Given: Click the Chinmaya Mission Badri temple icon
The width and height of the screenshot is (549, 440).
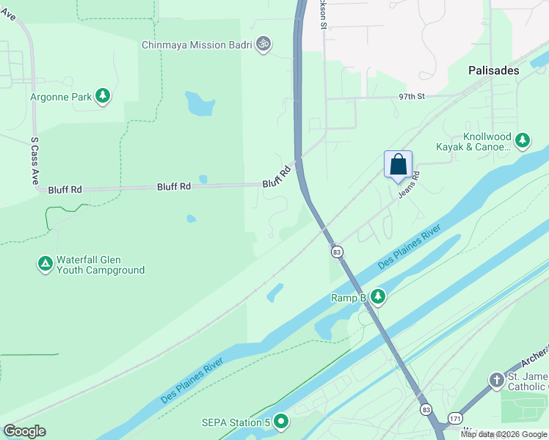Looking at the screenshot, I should [x=263, y=45].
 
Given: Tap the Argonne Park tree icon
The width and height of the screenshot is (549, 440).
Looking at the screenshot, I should [x=103, y=96].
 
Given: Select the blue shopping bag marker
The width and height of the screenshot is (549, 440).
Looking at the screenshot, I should [x=398, y=164].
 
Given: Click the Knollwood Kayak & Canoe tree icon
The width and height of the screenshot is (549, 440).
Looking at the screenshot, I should [x=522, y=140].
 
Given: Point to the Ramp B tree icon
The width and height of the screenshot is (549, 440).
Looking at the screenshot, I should [x=378, y=297].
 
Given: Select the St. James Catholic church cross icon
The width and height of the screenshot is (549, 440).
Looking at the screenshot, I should [x=497, y=380].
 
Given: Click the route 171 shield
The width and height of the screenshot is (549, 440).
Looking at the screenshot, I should [x=456, y=416].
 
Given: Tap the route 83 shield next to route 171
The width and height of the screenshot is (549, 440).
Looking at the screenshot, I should [x=426, y=408].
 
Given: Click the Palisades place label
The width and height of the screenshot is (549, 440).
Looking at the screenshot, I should [x=494, y=70].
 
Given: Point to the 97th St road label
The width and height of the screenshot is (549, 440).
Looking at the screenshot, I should [x=412, y=97].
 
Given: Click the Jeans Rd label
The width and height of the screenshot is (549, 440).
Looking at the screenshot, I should [x=409, y=186].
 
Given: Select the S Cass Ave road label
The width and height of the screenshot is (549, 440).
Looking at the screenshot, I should [x=34, y=160].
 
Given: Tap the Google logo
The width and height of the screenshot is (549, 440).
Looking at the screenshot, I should [x=24, y=431].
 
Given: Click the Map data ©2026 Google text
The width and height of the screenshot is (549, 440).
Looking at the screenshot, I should [x=503, y=434].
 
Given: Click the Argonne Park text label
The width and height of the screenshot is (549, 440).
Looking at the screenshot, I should [x=61, y=97].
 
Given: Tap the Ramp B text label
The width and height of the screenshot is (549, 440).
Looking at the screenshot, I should [x=348, y=298].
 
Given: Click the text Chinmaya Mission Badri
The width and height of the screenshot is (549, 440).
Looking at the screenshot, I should [x=197, y=45].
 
